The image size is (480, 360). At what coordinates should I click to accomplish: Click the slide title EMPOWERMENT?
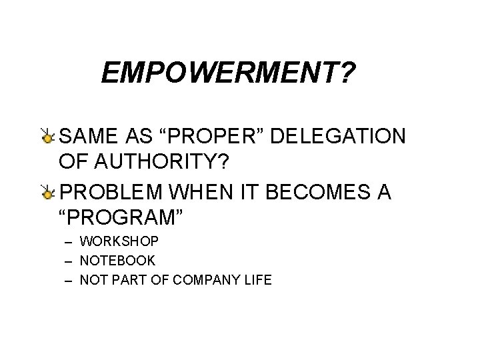(x=227, y=74)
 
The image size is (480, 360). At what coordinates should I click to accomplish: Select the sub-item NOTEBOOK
(x=117, y=260)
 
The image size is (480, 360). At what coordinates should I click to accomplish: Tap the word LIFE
(x=258, y=280)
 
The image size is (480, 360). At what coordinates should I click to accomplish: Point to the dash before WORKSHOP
(x=67, y=240)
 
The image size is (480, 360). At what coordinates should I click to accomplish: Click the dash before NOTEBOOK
(x=67, y=260)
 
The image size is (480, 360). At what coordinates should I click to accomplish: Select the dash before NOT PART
(x=67, y=280)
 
